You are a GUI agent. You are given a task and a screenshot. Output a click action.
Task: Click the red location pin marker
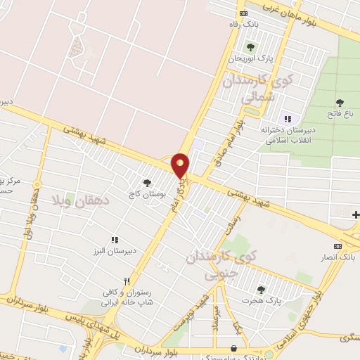pos(181,165)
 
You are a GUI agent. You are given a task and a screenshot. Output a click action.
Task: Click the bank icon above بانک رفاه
pos(243,13)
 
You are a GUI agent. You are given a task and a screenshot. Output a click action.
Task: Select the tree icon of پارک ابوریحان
pos(250,47)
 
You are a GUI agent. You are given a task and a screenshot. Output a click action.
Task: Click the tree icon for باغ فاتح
pos(340,103)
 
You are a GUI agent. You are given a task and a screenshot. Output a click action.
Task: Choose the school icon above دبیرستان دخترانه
pos(286,118)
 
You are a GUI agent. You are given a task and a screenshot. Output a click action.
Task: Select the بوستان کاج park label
pos(147,192)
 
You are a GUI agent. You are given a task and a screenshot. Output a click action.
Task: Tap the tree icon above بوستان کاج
pos(147,182)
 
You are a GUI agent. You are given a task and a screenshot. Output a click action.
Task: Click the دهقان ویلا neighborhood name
pos(77,200)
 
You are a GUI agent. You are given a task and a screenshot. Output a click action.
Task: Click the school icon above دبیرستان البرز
pos(115,240)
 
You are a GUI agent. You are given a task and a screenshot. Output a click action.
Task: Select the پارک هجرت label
pos(261,301)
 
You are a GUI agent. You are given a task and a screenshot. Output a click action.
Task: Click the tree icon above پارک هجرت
pos(261,290)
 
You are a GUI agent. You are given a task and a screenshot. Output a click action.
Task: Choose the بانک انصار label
pos(338,257)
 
